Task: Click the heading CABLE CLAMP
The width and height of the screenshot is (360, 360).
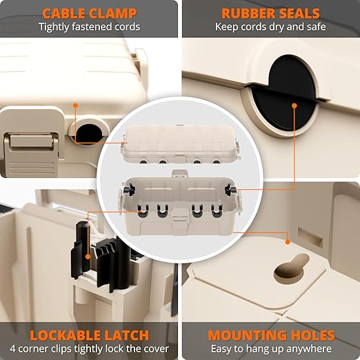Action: click(89, 13)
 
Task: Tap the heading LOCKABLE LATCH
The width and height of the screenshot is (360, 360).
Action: click(89, 336)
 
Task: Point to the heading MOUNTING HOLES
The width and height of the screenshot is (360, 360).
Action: click(271, 336)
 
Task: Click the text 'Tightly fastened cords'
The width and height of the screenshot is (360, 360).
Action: click(89, 27)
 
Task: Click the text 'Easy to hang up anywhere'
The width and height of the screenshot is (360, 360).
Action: click(271, 349)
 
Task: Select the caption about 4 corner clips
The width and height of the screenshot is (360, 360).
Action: click(89, 349)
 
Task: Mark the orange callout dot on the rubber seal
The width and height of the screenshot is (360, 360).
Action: click(294, 106)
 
